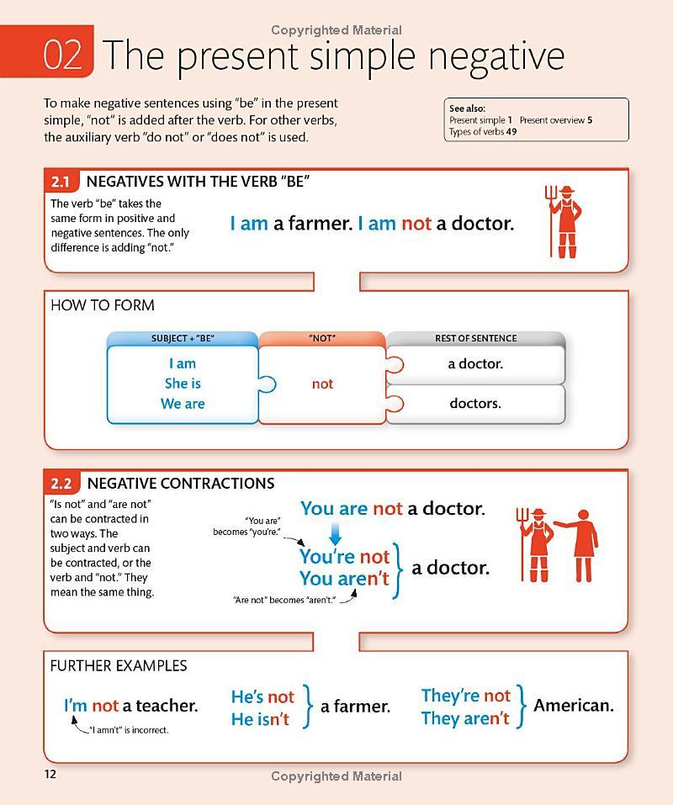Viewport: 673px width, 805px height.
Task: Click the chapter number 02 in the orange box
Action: pos(63,55)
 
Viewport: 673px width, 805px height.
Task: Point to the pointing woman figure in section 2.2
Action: pos(582,545)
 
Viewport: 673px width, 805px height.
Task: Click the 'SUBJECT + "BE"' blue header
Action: pos(183,338)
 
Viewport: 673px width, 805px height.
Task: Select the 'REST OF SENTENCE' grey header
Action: pos(475,338)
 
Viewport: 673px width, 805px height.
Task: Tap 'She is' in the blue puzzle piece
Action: pos(183,384)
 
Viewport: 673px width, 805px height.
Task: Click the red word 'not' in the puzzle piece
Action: pos(322,384)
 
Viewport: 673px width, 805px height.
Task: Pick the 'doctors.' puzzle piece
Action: pos(475,404)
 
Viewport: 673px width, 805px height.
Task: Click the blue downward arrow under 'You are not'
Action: pos(335,532)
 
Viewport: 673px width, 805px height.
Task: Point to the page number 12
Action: pos(50,774)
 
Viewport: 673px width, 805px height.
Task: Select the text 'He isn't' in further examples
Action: pos(260,718)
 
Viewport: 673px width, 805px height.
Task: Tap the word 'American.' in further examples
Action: pos(574,706)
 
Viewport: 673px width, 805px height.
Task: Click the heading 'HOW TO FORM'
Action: pos(103,305)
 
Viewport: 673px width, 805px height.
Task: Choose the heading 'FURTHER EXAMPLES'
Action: pos(119,665)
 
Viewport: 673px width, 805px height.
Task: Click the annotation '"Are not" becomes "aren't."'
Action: pos(284,600)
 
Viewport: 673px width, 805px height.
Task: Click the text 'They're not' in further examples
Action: pos(465,696)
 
